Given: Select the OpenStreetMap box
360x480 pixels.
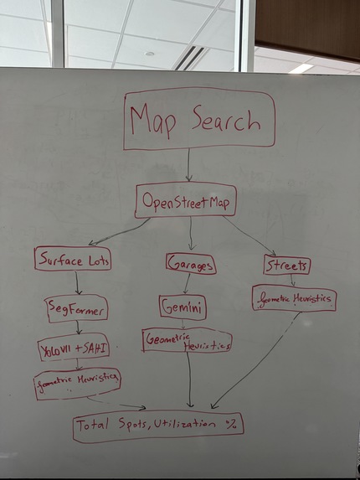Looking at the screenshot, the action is coord(186,200).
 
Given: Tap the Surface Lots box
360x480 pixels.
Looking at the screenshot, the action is coord(73,259).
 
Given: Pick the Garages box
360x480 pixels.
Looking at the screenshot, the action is coord(191,264).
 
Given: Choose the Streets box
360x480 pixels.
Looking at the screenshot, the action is coord(286,265).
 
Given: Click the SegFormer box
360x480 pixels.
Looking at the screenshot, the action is coord(76,308).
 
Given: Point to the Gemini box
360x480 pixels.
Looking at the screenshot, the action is coord(183,307).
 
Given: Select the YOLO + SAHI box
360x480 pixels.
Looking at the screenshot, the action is coord(74,348).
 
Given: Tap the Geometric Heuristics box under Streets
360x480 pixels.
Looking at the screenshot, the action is coord(294,298).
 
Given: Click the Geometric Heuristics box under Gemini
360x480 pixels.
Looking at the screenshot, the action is coord(188,340).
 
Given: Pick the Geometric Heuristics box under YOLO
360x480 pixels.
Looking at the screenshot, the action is coord(77,384).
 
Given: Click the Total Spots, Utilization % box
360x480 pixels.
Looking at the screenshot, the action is coord(158,426).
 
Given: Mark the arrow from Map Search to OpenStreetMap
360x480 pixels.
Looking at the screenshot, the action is coord(188,165).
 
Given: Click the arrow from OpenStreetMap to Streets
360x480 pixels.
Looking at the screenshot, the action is coord(249,235).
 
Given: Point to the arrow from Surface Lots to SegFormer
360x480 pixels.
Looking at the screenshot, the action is coord(77,283).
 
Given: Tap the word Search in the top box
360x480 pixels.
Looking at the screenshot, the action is coord(226,121).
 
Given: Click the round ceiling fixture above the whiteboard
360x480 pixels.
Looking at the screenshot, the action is coord(149,54).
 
